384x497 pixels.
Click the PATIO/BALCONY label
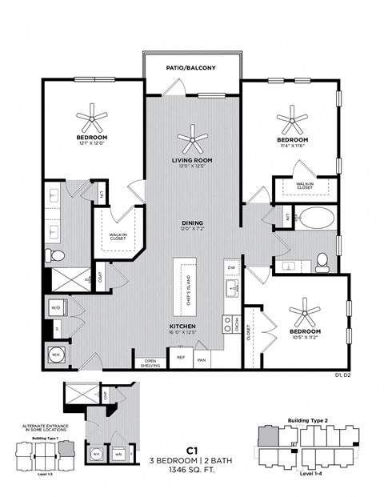pos(191,69)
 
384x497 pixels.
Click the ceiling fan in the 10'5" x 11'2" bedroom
pos(305,311)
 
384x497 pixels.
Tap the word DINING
pos(192,222)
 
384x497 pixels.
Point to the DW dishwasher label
pos(230,267)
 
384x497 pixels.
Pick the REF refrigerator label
pos(180,358)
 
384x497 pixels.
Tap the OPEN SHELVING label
pos(150,363)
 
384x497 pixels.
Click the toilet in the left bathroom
pos(54,255)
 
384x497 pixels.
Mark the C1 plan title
pos(192,450)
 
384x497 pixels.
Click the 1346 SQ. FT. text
pos(192,470)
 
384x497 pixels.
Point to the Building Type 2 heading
pos(305,419)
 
